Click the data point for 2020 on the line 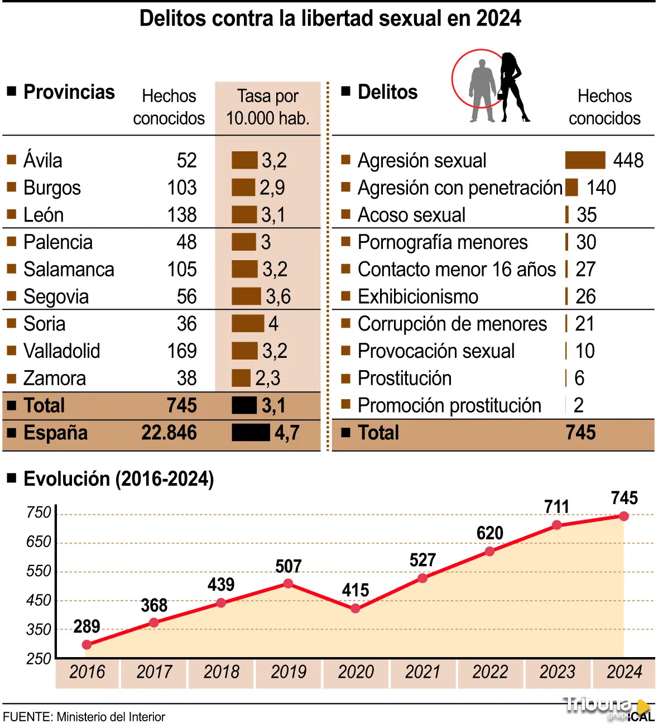click(x=356, y=609)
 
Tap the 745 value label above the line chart click(x=624, y=498)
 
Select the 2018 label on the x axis click(x=221, y=672)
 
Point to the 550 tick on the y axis click(x=39, y=571)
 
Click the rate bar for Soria click(x=248, y=324)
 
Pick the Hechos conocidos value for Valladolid click(x=182, y=351)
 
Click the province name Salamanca click(x=69, y=270)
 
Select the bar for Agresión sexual click(x=585, y=160)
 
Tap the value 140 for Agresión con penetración click(x=601, y=188)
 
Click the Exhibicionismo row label click(x=418, y=297)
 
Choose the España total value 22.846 click(x=169, y=433)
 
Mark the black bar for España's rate click(x=251, y=433)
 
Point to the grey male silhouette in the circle click(x=482, y=89)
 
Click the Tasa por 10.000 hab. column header click(x=268, y=107)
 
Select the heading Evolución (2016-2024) click(x=118, y=479)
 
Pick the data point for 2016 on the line click(x=87, y=645)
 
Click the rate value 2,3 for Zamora click(x=268, y=379)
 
